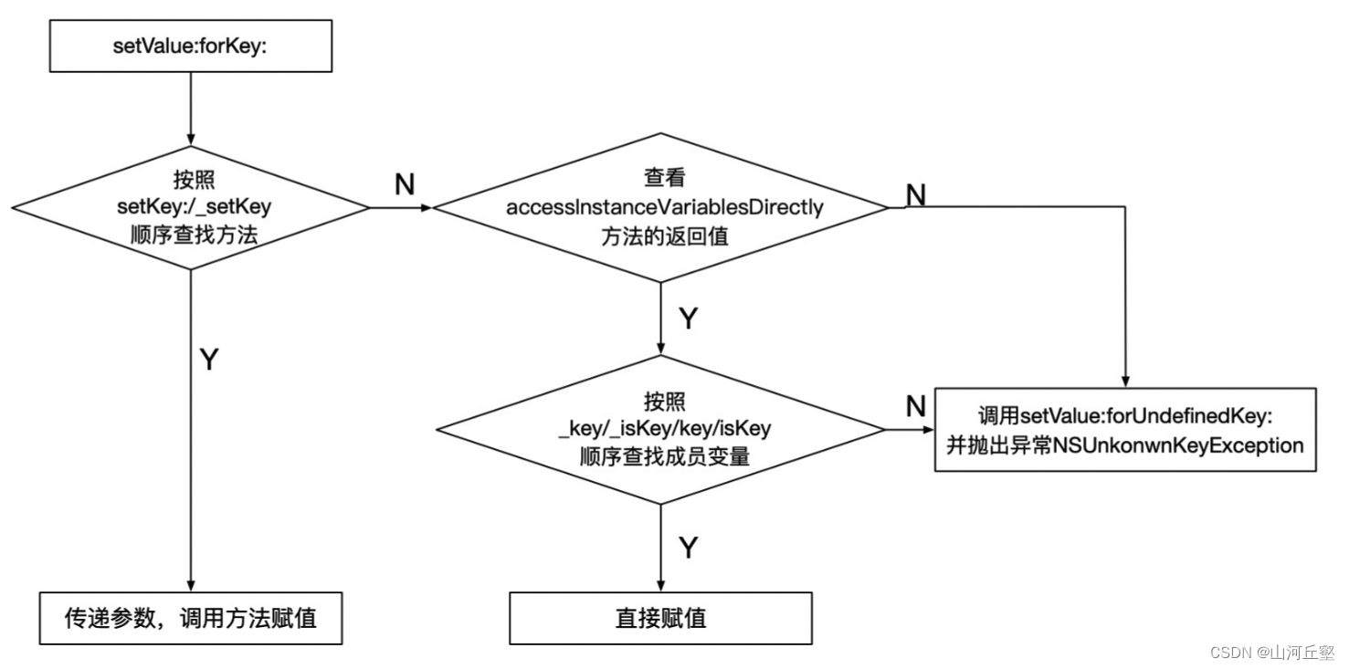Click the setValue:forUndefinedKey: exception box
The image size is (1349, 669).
tap(1125, 430)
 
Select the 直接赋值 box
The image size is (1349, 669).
tap(660, 618)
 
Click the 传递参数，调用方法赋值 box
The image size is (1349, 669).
tap(190, 618)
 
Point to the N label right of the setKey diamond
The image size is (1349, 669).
tap(404, 184)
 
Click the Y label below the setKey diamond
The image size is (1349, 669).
tap(208, 360)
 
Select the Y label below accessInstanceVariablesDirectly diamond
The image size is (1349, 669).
tap(688, 319)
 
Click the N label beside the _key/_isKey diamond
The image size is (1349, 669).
tap(915, 407)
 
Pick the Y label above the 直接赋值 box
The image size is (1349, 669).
tap(688, 548)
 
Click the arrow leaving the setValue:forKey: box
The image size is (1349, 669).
tap(191, 108)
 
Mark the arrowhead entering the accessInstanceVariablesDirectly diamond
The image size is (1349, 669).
tap(426, 208)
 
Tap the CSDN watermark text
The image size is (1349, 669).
tap(1271, 652)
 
